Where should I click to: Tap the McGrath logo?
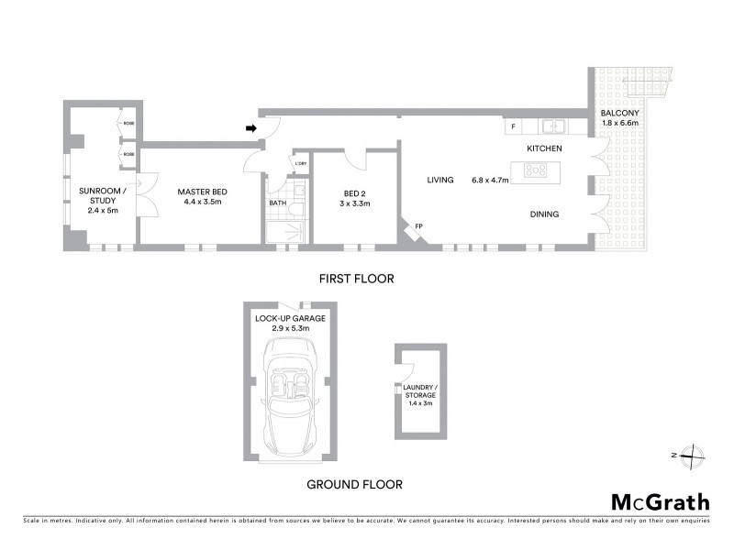coord(661,501)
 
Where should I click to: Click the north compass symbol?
coord(695,455)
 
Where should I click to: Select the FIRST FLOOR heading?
coord(356,279)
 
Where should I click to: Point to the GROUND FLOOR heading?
coord(354,484)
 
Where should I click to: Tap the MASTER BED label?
coord(202,191)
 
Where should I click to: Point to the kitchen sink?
coord(553,126)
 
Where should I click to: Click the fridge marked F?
coord(513,126)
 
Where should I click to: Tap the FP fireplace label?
coord(418,225)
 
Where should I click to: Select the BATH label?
coord(277,203)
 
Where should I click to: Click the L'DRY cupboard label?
coord(300,165)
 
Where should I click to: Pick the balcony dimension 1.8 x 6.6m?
coord(620,123)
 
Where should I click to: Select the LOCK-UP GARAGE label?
coord(290,317)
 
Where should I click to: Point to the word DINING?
coord(546,214)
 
